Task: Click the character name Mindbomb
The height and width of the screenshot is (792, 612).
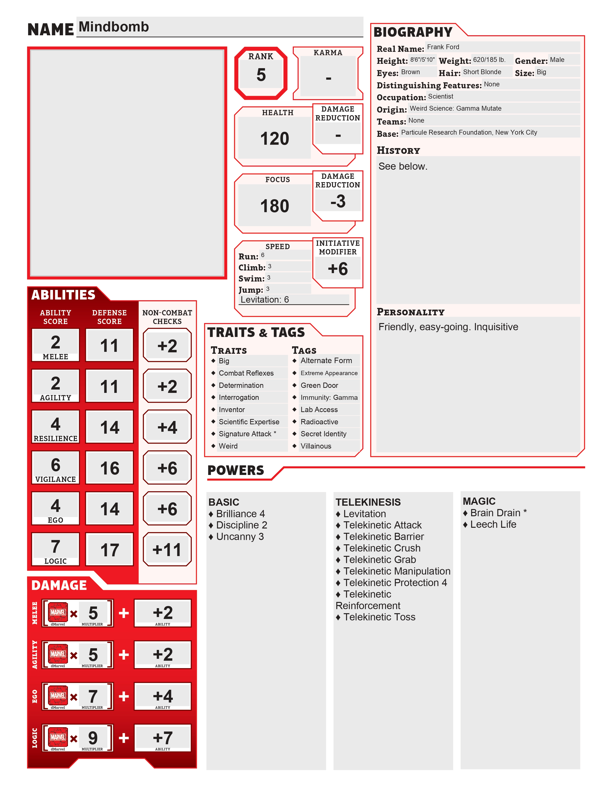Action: point(114,27)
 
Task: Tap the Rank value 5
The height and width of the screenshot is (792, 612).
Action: point(261,75)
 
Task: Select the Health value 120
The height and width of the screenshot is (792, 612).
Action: point(275,138)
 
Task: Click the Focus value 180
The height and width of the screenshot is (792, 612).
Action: point(275,206)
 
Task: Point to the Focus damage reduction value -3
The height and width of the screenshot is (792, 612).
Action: point(338,201)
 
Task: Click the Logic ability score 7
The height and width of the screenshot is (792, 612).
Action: point(55,546)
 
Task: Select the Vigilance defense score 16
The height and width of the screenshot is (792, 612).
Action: point(109,468)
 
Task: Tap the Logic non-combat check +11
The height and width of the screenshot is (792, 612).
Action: point(167,550)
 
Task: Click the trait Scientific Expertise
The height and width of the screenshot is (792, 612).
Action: point(249,422)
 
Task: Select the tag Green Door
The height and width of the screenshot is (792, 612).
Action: point(319,385)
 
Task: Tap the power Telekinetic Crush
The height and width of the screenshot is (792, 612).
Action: point(382,548)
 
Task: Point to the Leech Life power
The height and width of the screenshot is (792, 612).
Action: point(493,524)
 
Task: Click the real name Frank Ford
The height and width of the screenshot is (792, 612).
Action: point(443,47)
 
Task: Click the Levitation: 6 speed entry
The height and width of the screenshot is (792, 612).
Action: point(265,300)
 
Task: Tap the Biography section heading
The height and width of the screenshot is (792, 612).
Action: point(413,32)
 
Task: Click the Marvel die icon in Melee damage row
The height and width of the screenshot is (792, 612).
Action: point(58,612)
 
